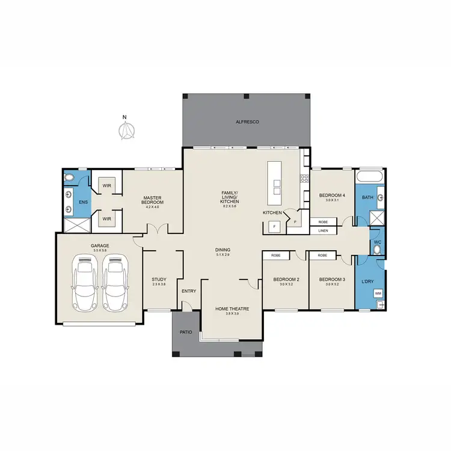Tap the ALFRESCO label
[247, 122]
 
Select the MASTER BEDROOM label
[153, 200]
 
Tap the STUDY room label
[159, 281]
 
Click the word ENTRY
[189, 292]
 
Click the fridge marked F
[274, 227]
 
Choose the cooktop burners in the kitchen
[304, 178]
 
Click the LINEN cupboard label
[324, 230]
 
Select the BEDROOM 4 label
[332, 195]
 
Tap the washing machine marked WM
[378, 293]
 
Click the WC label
[377, 243]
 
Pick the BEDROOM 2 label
[286, 280]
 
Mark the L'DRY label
[367, 280]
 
